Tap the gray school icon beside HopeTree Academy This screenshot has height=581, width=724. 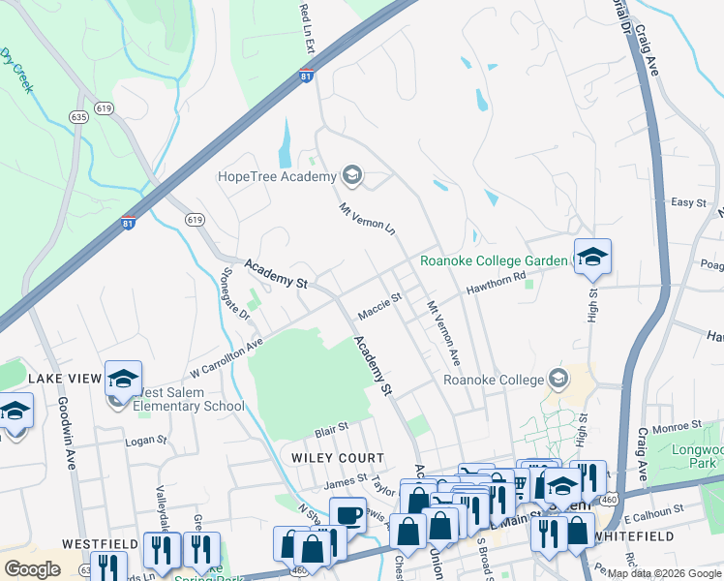click(352, 175)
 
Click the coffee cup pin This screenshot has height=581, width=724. click(347, 513)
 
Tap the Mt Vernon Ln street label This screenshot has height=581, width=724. click(368, 219)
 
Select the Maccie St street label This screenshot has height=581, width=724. click(378, 307)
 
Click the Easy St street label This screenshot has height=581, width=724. click(688, 202)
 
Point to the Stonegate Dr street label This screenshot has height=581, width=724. click(236, 295)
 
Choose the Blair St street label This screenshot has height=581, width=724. click(330, 427)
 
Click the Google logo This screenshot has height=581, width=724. click(32, 568)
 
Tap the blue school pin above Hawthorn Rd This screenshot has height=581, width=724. click(592, 257)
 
